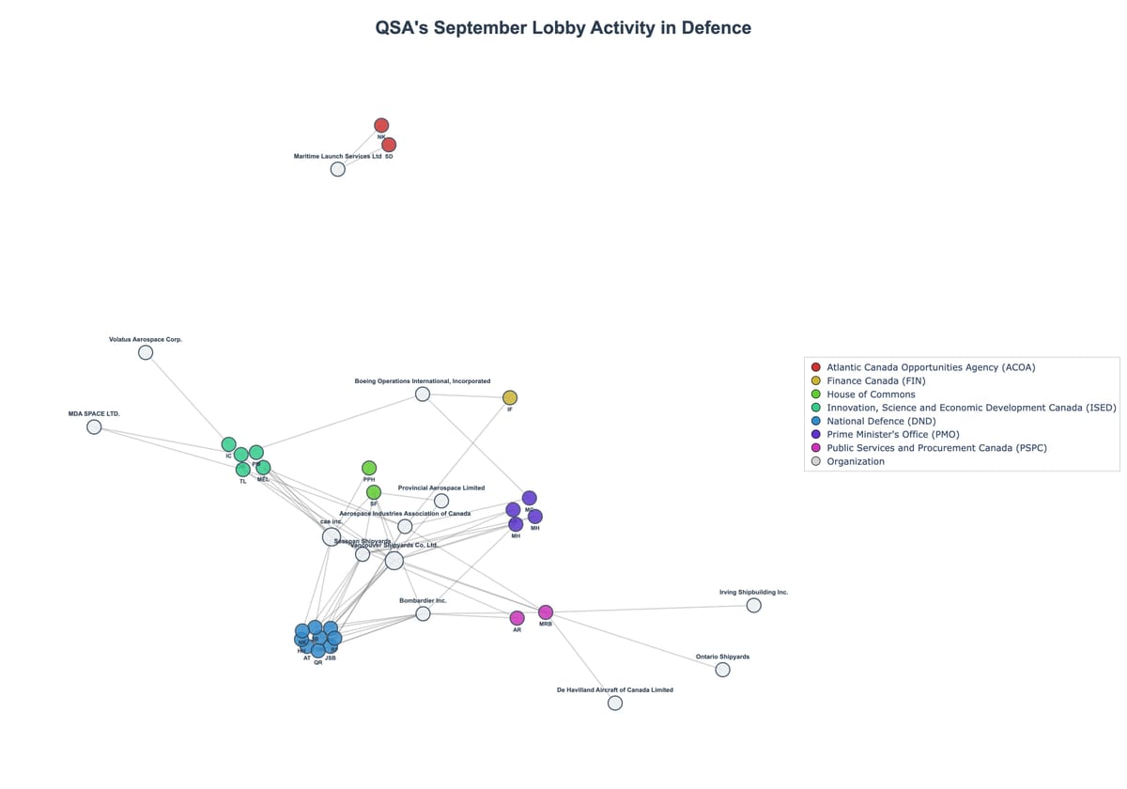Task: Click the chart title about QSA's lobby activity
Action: pyautogui.click(x=563, y=28)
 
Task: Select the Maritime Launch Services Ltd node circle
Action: pyautogui.click(x=337, y=169)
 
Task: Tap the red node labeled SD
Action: pyautogui.click(x=389, y=145)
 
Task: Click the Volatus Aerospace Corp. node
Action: pyautogui.click(x=146, y=352)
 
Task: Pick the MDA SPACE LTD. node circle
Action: pyautogui.click(x=94, y=427)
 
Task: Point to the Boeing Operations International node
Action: pyautogui.click(x=423, y=394)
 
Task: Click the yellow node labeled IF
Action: pyautogui.click(x=510, y=398)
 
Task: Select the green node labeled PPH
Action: pyautogui.click(x=369, y=468)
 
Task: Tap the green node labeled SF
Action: pyautogui.click(x=374, y=492)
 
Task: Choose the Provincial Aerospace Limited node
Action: pyautogui.click(x=441, y=501)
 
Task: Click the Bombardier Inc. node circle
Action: pyautogui.click(x=423, y=613)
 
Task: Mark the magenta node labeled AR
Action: pyautogui.click(x=517, y=618)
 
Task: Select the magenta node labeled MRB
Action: pyautogui.click(x=546, y=612)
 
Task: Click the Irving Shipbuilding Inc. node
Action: pyautogui.click(x=753, y=606)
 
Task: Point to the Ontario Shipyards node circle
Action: pyautogui.click(x=722, y=670)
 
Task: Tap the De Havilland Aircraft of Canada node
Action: pyautogui.click(x=615, y=703)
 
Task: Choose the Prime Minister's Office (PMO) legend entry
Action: pyautogui.click(x=892, y=435)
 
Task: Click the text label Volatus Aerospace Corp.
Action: pyautogui.click(x=146, y=339)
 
